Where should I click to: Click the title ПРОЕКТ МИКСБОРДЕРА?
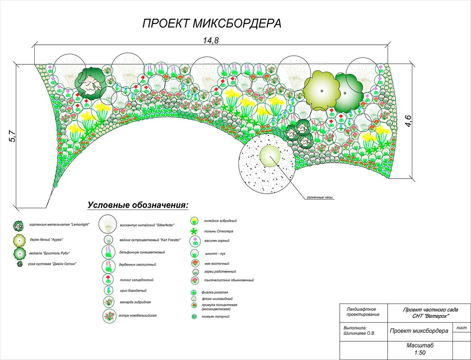212,23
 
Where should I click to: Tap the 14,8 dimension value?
210,40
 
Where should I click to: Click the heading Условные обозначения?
138,205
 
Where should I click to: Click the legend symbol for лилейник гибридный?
194,221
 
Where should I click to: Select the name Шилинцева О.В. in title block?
359,333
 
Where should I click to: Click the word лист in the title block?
461,328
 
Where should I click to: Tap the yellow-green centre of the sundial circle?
270,157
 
